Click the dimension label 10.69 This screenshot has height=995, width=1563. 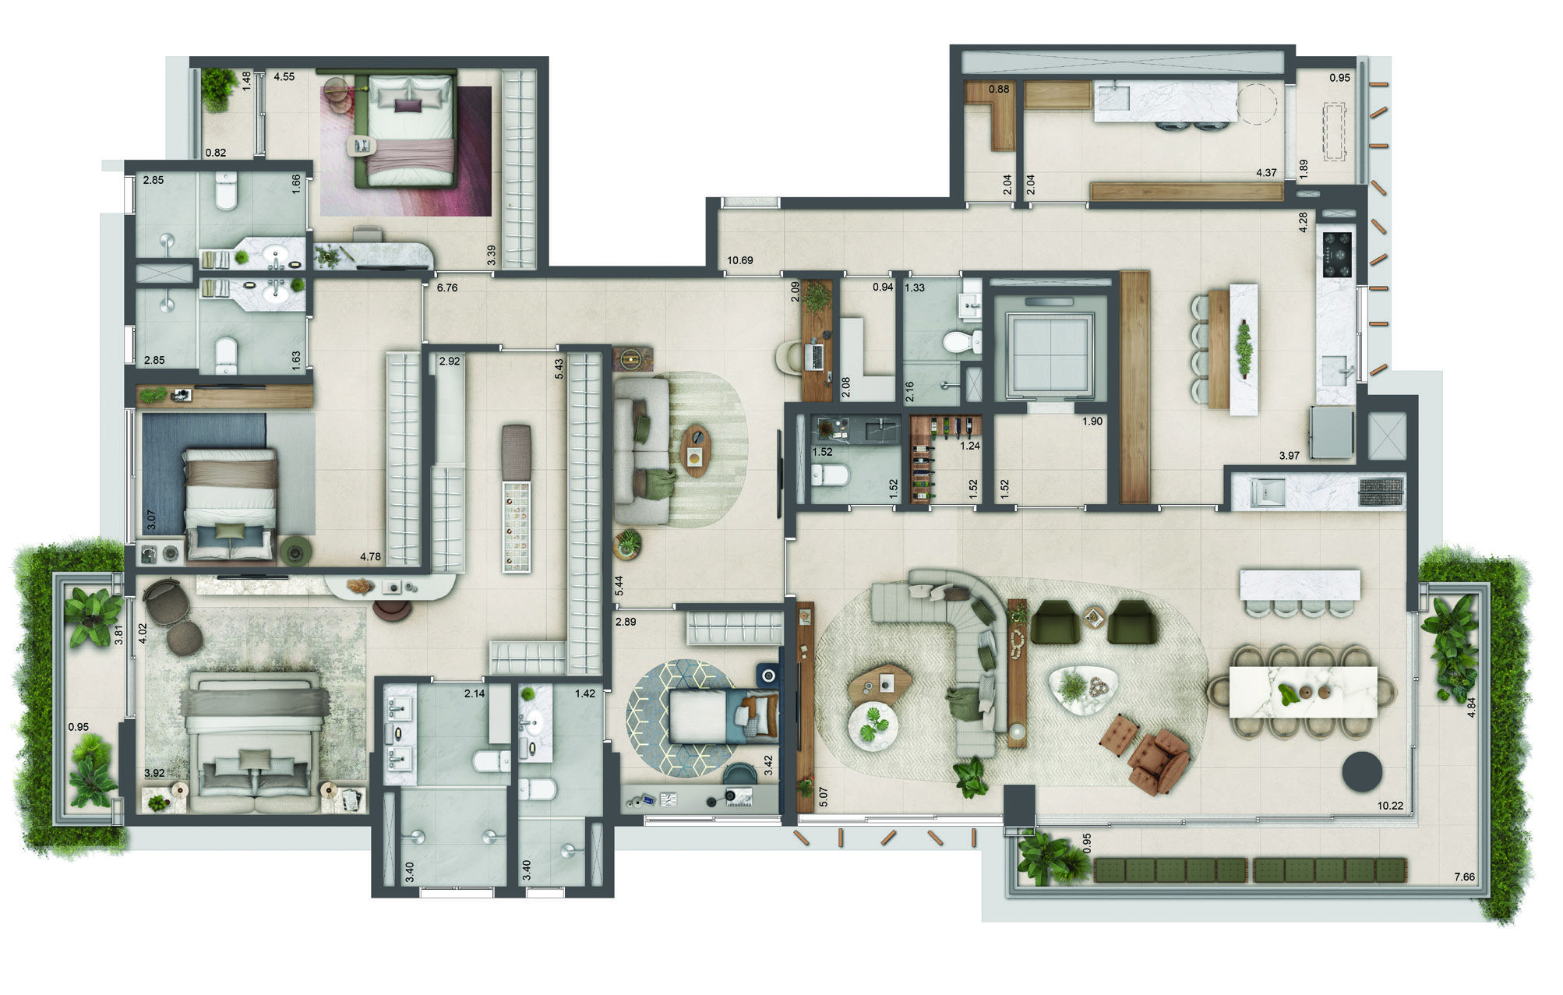pos(740,260)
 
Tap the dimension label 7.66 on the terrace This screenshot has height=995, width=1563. pos(1464,877)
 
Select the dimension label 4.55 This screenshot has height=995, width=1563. pos(284,77)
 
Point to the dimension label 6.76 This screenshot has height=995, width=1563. pos(447,288)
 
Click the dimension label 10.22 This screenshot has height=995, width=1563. pos(1390,806)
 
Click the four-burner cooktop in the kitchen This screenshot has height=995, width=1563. pos(1337,254)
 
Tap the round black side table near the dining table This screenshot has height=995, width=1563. pos(1361,771)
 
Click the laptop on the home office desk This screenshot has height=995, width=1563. pos(816,356)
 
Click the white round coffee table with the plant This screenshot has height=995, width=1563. pos(873,727)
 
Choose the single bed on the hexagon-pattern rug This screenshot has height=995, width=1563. pos(722,715)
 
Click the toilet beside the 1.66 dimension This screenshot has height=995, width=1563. pos(226,192)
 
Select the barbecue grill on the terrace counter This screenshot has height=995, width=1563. pos(1381,488)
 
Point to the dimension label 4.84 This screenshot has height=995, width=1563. pos(1471,707)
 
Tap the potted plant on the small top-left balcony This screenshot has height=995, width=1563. pos(219,87)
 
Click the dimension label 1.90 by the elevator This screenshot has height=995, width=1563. pos(1092,422)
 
